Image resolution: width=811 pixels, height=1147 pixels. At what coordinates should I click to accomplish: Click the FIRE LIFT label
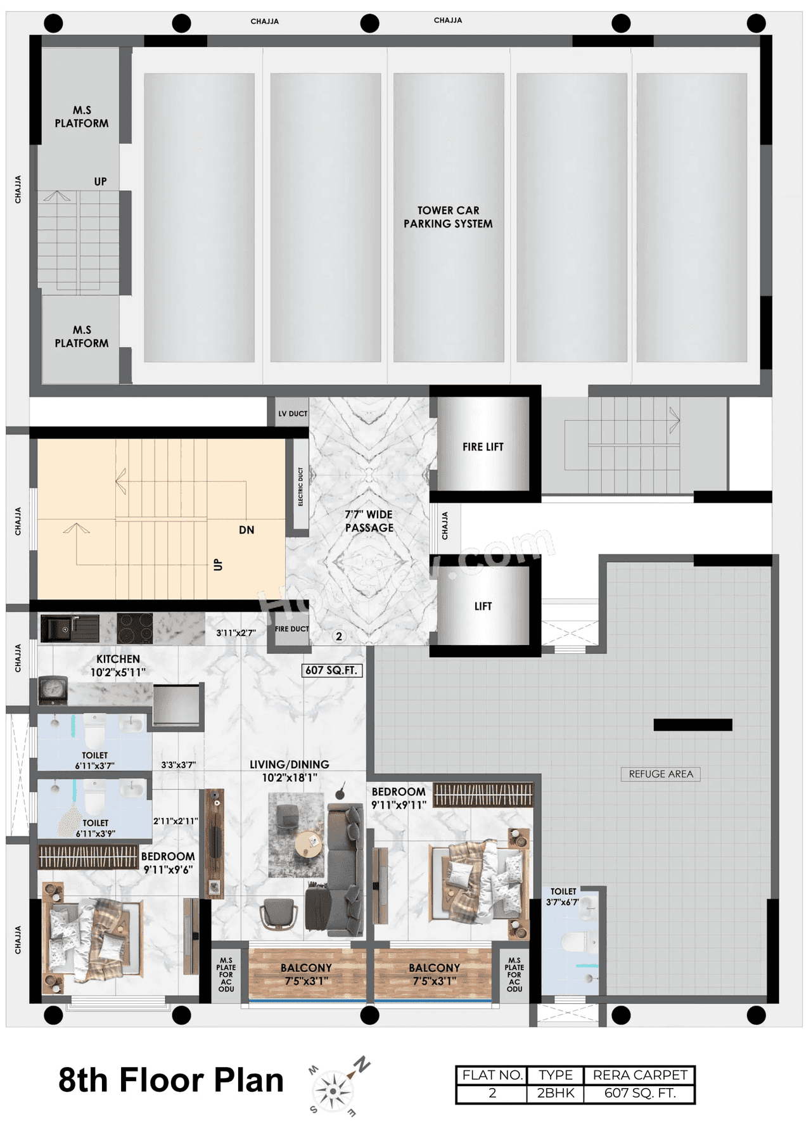pos(483,447)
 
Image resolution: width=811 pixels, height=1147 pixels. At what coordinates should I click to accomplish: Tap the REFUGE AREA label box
pos(660,774)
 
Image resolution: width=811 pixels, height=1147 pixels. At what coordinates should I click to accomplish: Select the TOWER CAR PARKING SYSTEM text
pos(448,217)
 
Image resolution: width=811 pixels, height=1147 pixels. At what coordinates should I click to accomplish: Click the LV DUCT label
pos(293,414)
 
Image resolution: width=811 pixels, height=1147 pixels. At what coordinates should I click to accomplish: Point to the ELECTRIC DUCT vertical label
pos(300,487)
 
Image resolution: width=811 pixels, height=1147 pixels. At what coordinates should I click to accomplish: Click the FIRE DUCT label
pos(291,629)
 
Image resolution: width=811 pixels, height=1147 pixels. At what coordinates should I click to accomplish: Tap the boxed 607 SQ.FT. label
pos(331,670)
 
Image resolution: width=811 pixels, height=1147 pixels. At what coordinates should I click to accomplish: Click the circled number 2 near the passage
pos(339,636)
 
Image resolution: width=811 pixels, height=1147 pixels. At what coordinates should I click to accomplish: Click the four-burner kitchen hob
pos(134,629)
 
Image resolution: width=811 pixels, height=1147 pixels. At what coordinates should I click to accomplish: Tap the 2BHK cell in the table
pos(555,1093)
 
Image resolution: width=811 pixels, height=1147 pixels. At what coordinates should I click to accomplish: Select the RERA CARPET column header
pos(639,1075)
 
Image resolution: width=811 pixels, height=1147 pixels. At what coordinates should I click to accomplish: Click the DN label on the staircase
pos(246,530)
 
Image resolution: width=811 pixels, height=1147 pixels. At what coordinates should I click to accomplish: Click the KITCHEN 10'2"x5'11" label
pos(118,665)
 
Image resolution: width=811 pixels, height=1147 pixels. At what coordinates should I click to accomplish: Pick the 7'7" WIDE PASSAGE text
pos(369,521)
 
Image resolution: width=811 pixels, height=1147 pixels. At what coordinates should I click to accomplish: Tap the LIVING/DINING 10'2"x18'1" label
pos(290,771)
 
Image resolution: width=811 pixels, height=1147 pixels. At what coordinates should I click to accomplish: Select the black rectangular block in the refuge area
pos(693,725)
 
